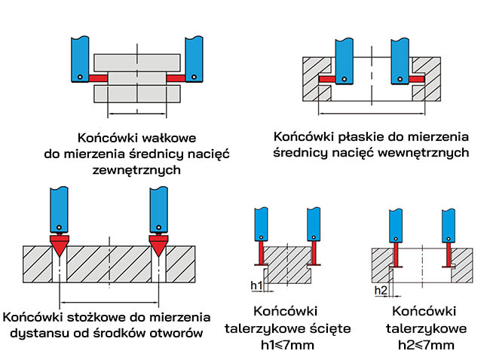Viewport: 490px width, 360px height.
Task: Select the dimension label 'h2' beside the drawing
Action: point(380,291)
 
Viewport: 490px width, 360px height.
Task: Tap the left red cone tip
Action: point(57,244)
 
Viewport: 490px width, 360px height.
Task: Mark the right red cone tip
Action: point(158,244)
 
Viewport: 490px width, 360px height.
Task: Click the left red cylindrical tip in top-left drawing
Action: point(98,78)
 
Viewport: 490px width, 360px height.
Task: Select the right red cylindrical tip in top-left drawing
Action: point(176,78)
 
